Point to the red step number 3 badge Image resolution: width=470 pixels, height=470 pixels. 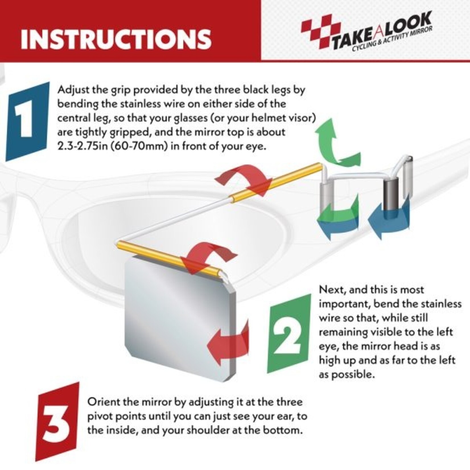pos(57,422)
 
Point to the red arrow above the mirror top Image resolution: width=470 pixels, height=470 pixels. pos(209,257)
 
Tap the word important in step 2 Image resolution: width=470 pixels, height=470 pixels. pos(344,304)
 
